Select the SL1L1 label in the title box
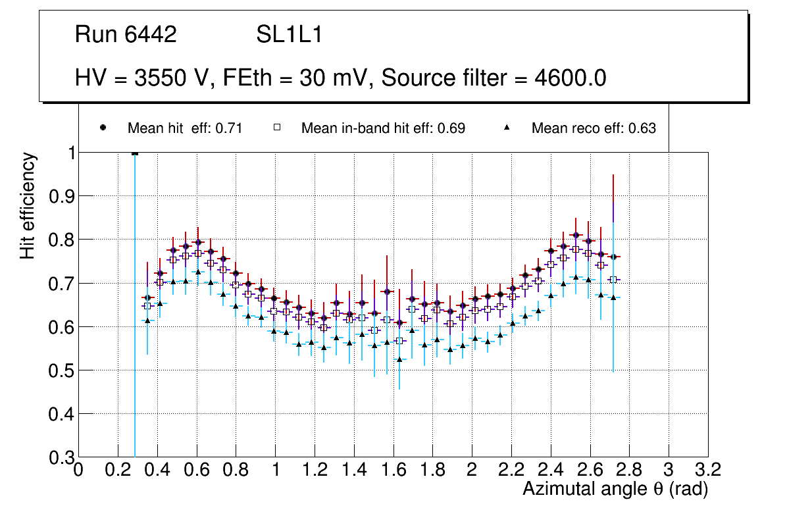tap(289, 35)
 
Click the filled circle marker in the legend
tap(103, 128)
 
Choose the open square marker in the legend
tap(277, 128)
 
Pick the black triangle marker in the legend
tap(508, 128)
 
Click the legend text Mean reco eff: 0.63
tap(594, 128)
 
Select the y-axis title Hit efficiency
tap(27, 206)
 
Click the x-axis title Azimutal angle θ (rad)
tap(615, 489)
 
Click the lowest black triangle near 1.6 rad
tap(399, 359)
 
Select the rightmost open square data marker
tap(613, 280)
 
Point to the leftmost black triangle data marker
tap(147, 320)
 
